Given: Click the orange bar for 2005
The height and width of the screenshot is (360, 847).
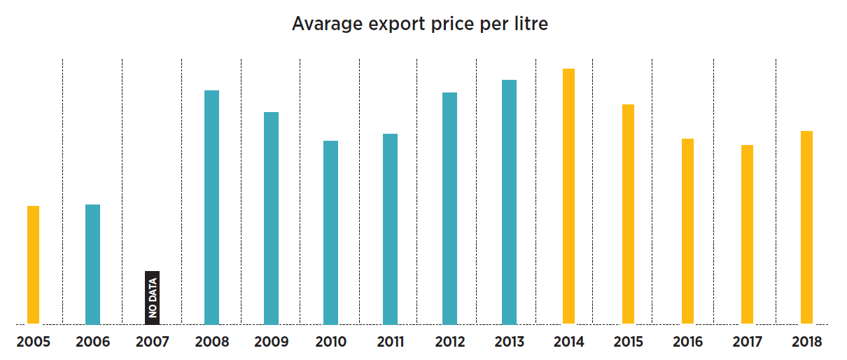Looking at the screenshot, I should pos(33,265).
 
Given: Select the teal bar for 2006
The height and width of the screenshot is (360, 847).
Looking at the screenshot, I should pos(92,264).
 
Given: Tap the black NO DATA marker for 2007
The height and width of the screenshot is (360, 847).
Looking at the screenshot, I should pos(153,298).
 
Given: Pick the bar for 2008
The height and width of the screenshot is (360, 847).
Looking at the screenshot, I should pos(211,207).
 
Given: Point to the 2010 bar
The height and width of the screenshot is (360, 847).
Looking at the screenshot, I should pos(330,233).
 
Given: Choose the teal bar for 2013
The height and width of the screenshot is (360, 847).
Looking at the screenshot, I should pos(509,202).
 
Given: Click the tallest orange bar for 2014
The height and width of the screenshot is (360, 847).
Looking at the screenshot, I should pos(568,196).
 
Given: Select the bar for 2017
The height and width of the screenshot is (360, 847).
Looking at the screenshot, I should pos(747,235).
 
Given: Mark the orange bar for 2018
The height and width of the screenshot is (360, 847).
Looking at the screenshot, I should pos(806,228).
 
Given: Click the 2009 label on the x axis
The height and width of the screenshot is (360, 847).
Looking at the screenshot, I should pos(271,342).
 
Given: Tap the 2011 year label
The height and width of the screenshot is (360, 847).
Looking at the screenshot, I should pos(390,342).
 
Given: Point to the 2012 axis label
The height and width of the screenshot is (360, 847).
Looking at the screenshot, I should pos(449,342).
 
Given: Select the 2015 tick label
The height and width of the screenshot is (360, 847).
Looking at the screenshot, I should pos(628,342).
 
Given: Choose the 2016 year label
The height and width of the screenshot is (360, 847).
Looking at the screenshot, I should pos(687,342).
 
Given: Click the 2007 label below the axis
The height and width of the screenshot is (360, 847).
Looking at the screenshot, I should pos(152,342).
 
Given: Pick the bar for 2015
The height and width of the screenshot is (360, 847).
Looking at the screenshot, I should pos(628,214).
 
